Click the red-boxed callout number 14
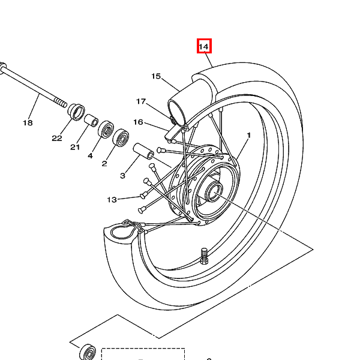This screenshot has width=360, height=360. tap(204, 47)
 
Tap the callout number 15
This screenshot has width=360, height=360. tap(156, 76)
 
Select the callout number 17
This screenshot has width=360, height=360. tap(141, 101)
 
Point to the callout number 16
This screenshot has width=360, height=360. tap(138, 122)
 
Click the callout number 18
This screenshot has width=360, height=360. tap(28, 123)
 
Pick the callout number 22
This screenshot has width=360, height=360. tap(57, 138)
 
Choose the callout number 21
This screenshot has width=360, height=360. tap(75, 147)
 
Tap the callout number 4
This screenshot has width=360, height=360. tap(90, 155)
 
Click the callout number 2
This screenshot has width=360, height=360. tap(104, 164)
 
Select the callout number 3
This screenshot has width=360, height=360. tap(122, 176)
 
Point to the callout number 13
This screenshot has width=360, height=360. tap(112, 200)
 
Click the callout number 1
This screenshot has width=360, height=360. tap(248, 135)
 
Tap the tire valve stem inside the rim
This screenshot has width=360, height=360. tap(204, 256)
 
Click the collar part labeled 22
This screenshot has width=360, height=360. tap(76, 112)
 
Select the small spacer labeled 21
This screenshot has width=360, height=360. tap(91, 121)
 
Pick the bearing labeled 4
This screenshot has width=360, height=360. tap(106, 130)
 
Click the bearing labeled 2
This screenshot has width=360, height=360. tap(121, 138)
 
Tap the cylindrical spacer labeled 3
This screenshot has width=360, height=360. tap(143, 151)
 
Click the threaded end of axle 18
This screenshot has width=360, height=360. tap(60, 102)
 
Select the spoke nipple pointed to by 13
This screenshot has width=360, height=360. tap(143, 196)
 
